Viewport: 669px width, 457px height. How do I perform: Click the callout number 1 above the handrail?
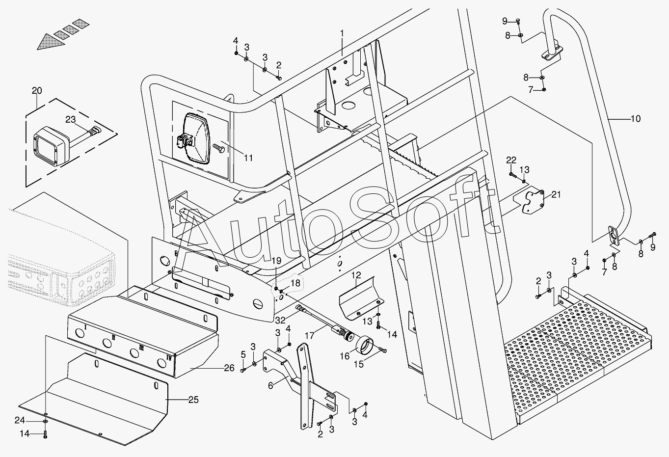click(x=342, y=33)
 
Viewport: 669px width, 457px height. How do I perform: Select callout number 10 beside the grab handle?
click(x=636, y=119)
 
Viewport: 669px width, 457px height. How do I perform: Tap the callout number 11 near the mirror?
click(x=248, y=158)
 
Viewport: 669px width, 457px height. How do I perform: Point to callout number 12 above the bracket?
click(x=356, y=275)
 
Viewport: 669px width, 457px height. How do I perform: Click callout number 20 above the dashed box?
click(x=37, y=90)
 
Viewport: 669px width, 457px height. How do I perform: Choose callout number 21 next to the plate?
click(x=556, y=195)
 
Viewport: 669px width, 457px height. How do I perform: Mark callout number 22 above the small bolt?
click(x=511, y=160)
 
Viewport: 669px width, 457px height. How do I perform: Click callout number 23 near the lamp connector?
click(x=71, y=119)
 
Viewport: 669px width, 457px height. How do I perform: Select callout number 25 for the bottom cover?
click(x=193, y=400)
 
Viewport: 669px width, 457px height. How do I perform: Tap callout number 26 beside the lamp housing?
click(x=229, y=368)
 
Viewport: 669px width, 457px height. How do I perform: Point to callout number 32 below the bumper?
click(x=280, y=321)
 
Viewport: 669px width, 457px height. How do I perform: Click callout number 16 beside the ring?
click(x=345, y=356)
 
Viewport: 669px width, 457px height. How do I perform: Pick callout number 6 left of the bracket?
click(x=270, y=386)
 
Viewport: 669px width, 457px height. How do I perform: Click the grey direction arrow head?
click(x=51, y=42)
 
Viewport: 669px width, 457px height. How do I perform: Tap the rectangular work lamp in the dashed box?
click(x=51, y=146)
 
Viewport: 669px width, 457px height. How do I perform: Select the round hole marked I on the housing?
click(x=79, y=333)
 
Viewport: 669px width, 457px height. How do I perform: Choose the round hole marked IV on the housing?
click(x=162, y=363)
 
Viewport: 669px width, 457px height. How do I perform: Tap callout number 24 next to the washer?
click(x=20, y=421)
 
